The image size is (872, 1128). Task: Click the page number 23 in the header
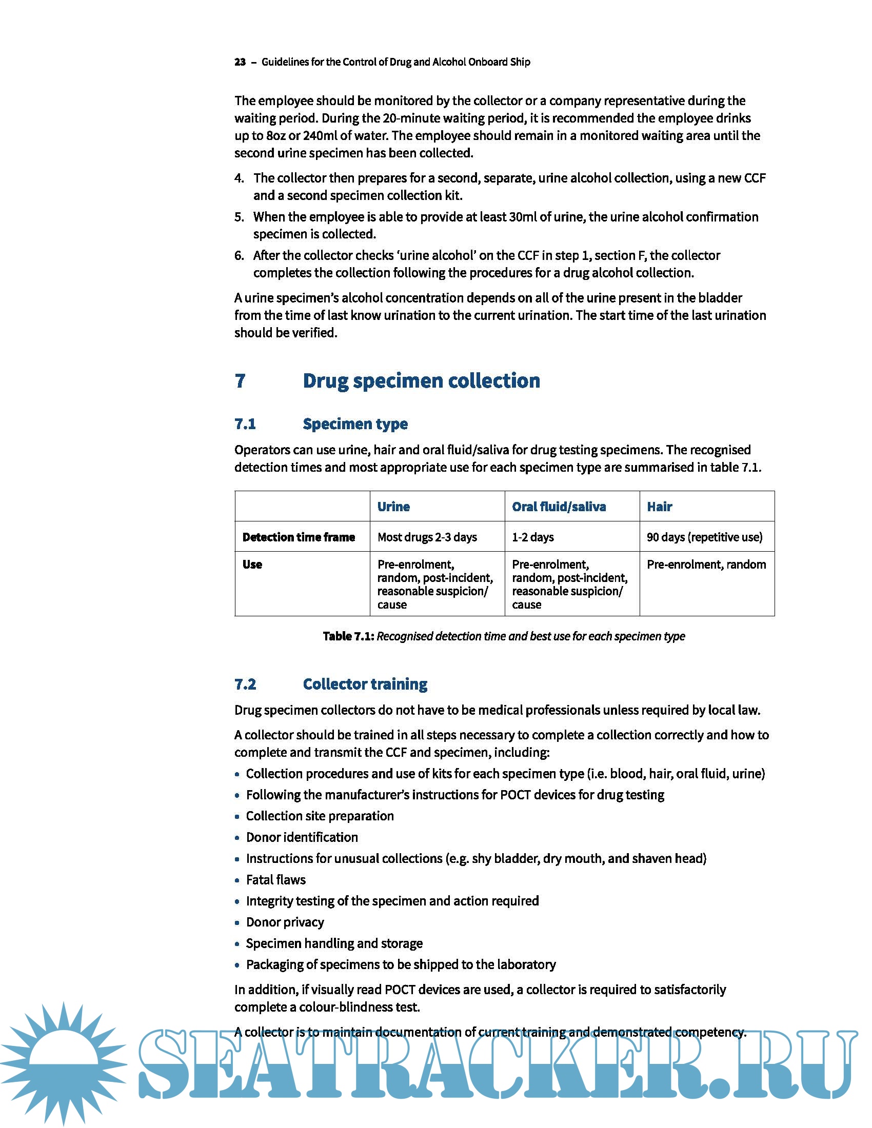pos(240,62)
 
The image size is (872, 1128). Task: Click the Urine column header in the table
pos(393,506)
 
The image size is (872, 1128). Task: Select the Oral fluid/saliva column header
pos(559,506)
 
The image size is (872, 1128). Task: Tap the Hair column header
pos(659,506)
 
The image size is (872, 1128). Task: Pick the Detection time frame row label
pos(298,537)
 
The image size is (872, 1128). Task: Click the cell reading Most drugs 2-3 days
pos(427,537)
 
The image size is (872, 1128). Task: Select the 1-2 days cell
pos(532,537)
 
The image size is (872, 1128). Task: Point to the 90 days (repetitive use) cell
pos(704,537)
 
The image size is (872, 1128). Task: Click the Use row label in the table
pos(252,564)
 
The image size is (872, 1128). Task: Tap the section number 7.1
pos(245,424)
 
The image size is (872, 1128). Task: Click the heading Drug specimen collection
pos(421,380)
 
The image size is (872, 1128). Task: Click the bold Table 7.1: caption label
pos(348,636)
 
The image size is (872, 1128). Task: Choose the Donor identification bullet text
pos(302,837)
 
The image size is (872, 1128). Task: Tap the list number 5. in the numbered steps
pos(239,216)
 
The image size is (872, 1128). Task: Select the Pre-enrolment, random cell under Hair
pos(706,564)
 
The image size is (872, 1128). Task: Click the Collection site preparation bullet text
pos(320,816)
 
